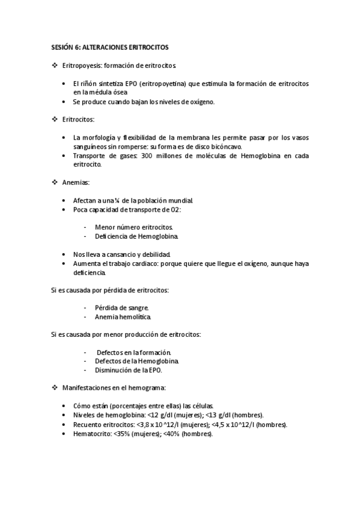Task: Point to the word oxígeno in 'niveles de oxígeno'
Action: pos(201,102)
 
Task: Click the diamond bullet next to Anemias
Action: pos(54,181)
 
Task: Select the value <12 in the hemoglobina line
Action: pos(159,415)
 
